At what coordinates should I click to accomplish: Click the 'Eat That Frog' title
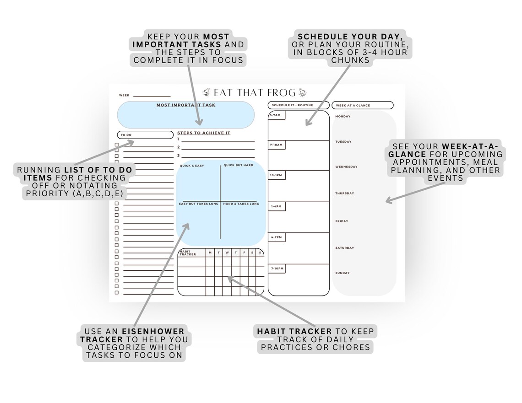point(255,92)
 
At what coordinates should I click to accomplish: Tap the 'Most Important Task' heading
point(186,105)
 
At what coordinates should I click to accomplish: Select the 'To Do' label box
point(145,134)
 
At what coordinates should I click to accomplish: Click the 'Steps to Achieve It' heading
point(204,133)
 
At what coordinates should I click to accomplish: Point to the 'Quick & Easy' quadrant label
point(192,166)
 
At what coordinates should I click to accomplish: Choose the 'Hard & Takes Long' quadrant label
point(241,204)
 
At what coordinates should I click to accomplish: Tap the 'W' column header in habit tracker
point(227,253)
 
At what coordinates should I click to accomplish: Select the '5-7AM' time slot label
point(275,115)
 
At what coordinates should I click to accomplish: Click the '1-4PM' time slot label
point(276,206)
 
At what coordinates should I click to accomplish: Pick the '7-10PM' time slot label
point(277,269)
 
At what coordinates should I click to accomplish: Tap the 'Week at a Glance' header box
point(363,105)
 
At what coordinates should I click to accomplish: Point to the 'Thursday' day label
point(344,193)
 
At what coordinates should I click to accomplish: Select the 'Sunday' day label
point(343,273)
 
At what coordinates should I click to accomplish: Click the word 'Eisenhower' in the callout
point(153,332)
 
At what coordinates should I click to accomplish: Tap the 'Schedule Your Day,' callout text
point(350,37)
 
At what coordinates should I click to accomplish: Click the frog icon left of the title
point(207,92)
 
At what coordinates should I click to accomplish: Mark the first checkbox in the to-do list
point(116,145)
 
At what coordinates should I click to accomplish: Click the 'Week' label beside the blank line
point(124,96)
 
